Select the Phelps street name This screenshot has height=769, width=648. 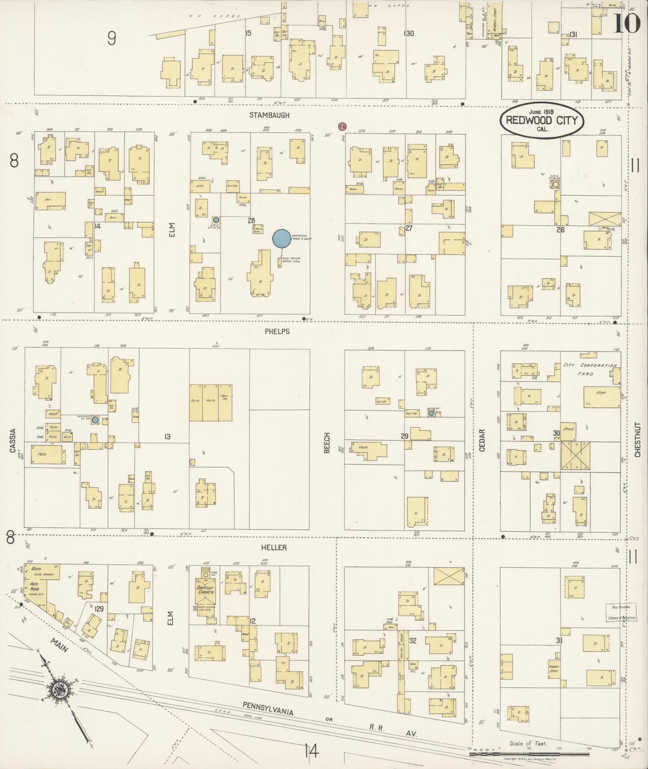[277, 332]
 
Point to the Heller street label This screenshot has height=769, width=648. [274, 548]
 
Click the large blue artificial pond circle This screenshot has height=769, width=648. [281, 238]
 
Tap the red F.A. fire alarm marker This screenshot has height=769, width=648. [342, 127]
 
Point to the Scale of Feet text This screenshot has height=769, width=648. [528, 743]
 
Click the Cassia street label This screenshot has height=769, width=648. [13, 441]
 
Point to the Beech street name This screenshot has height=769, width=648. [327, 443]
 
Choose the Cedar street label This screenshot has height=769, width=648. [482, 441]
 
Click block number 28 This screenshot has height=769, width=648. [251, 221]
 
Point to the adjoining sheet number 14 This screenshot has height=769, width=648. [311, 750]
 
